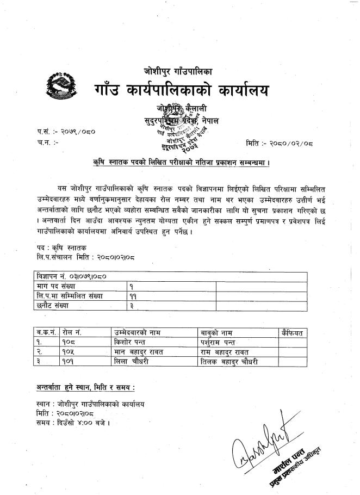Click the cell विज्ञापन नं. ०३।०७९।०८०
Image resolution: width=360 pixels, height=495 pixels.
click(x=68, y=276)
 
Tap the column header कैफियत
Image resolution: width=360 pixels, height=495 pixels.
click(x=294, y=332)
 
